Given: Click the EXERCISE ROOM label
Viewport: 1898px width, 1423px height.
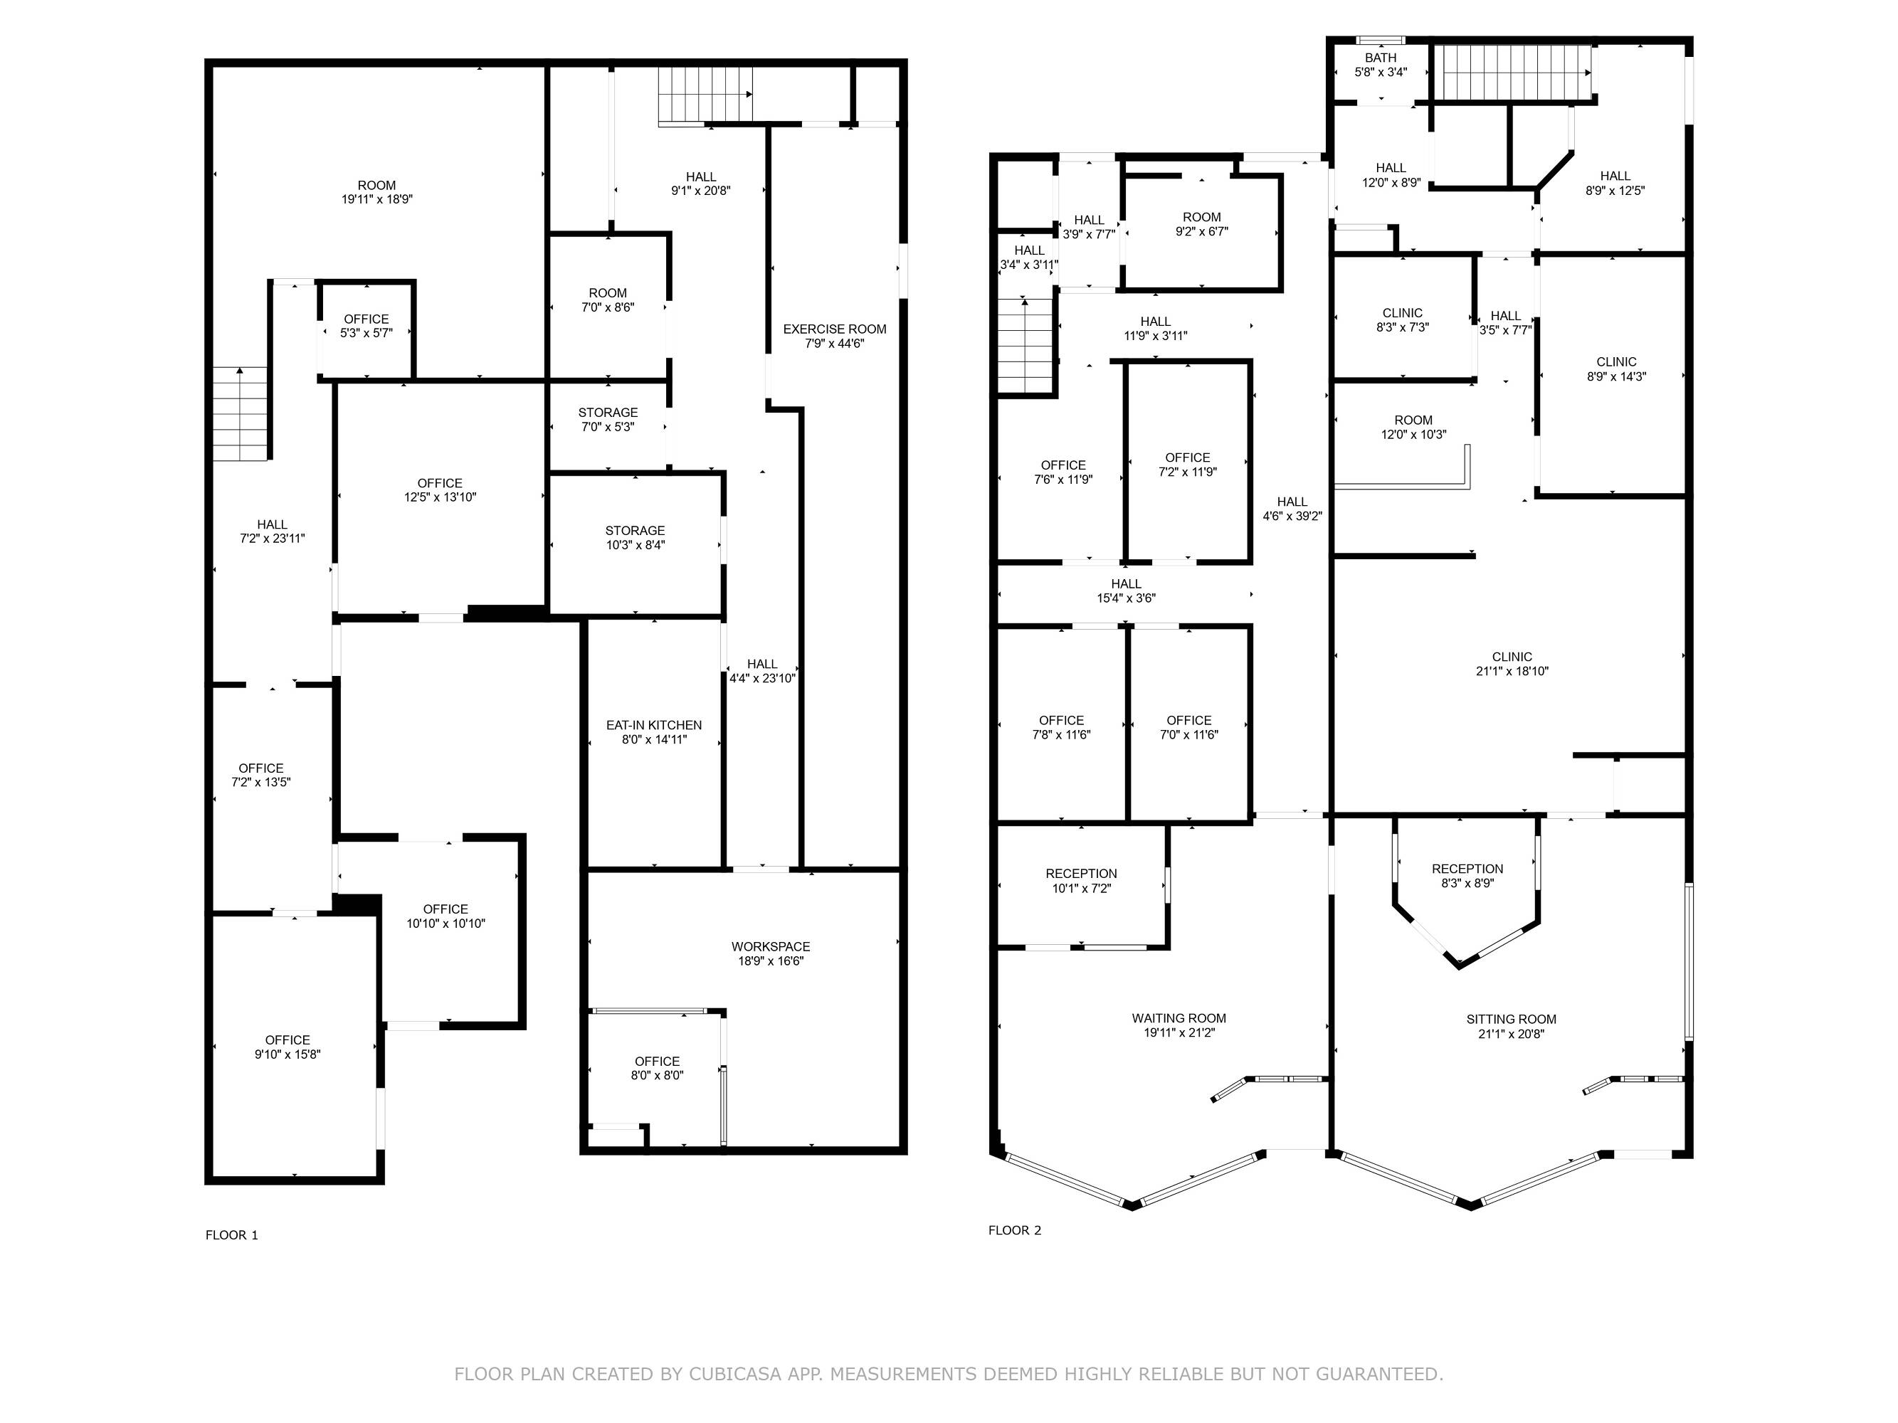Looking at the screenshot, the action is pos(834,329).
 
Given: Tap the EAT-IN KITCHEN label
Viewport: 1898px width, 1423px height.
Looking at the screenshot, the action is pos(654,726).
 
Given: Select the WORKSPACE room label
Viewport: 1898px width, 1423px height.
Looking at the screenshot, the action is pos(771,947).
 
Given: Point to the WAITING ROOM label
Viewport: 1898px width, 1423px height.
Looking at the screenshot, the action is pos(1179,1019).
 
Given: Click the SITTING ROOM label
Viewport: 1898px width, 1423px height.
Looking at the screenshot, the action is pos(1511,1020).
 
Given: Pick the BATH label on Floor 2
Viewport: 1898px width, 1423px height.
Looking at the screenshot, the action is pos(1381,58).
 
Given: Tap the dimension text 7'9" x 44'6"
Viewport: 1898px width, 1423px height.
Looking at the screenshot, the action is pos(834,344).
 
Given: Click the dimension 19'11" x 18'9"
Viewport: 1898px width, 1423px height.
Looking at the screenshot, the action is pos(376,200).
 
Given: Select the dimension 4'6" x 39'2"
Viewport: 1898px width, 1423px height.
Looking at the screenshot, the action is pos(1292,517).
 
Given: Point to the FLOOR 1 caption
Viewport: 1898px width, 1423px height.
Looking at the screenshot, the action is pos(232,1235).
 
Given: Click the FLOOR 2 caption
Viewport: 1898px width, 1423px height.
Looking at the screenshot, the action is pos(1014,1230).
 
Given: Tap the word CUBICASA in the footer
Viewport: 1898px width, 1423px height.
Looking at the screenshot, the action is pos(734,1374).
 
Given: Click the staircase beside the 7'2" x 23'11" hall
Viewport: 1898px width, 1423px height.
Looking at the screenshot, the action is pos(241,413).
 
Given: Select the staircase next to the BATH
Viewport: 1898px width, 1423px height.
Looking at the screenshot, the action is pos(1515,73).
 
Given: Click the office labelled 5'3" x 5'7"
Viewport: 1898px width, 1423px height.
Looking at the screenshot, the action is pos(367,330).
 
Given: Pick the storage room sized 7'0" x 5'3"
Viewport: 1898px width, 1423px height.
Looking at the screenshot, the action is pos(608,426).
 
